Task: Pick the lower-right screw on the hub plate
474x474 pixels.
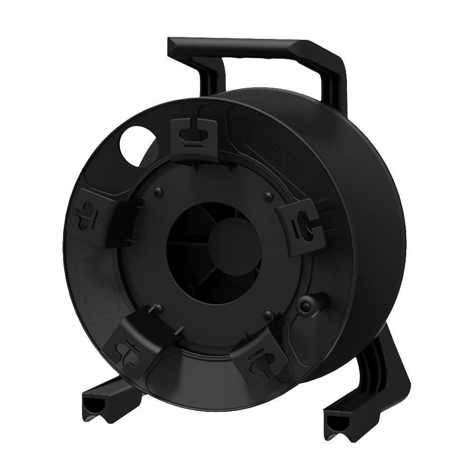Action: (269, 315)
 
